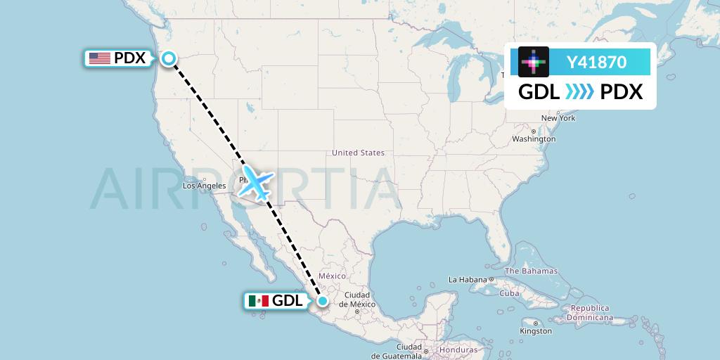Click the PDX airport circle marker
[x=169, y=58]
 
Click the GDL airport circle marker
[x=322, y=301]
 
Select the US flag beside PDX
[x=100, y=58]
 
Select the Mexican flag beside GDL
[x=258, y=301]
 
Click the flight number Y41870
[x=596, y=63]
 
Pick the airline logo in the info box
[x=534, y=62]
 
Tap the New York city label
[x=558, y=118]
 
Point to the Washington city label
[x=534, y=139]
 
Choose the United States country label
[x=358, y=153]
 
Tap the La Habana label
[x=469, y=279]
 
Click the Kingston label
[x=536, y=330]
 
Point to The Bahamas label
[x=531, y=271]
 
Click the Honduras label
[x=458, y=349]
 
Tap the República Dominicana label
[x=600, y=313]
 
